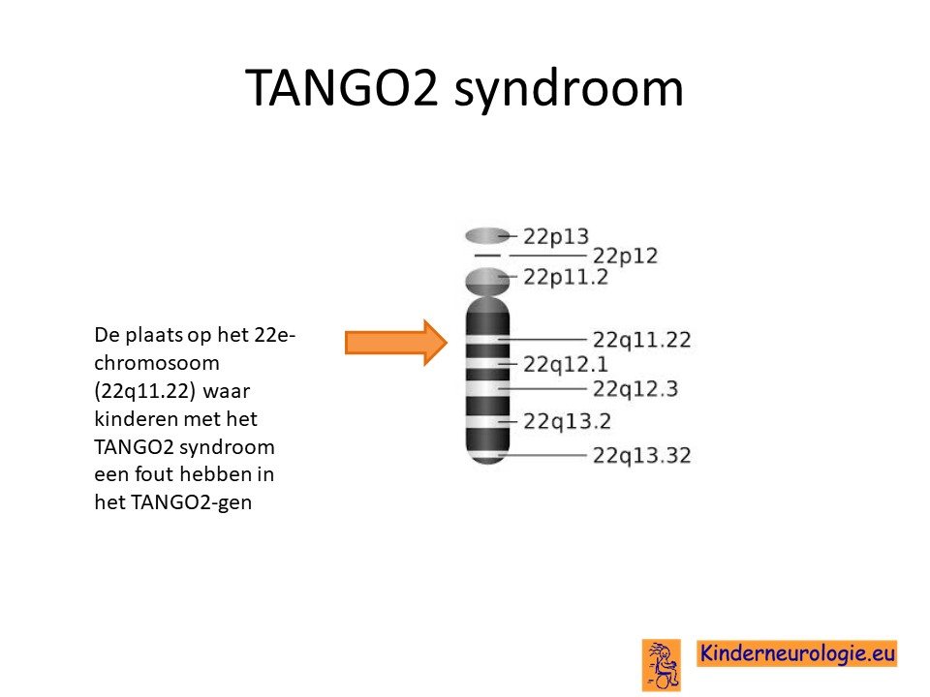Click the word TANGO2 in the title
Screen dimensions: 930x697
(342, 88)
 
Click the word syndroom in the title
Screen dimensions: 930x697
(569, 90)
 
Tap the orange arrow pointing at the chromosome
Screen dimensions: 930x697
(396, 343)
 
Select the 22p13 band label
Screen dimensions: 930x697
(556, 237)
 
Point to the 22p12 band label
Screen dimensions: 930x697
(625, 256)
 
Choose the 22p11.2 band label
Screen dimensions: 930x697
(565, 277)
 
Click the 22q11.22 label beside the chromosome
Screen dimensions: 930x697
(641, 340)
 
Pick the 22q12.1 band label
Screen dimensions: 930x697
(565, 365)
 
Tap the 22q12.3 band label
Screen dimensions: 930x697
(635, 389)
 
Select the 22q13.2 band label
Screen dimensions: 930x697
(567, 421)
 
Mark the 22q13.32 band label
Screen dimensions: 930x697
(641, 456)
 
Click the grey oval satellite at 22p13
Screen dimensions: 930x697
(487, 236)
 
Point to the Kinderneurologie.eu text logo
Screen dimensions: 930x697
(796, 653)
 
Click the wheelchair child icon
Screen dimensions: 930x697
(662, 664)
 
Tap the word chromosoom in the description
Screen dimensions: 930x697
(157, 363)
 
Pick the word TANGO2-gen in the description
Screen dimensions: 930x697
(191, 502)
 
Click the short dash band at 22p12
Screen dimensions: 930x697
(487, 256)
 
